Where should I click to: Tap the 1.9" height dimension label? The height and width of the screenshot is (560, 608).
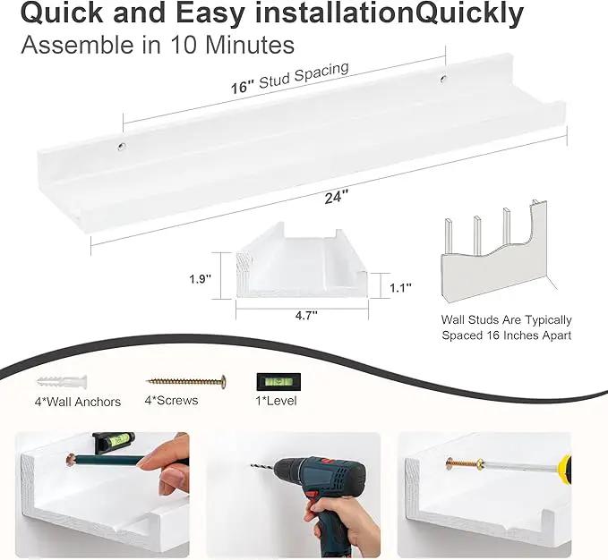point(200,279)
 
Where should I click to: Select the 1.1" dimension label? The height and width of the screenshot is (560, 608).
point(400,288)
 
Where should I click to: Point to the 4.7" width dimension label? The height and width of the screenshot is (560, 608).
point(306,316)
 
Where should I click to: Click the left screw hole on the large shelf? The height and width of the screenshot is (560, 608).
point(122,147)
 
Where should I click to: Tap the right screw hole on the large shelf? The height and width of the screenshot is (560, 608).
point(442,79)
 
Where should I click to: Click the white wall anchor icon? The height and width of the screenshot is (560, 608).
point(62,381)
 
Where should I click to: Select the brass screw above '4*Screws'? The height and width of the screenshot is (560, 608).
point(186,381)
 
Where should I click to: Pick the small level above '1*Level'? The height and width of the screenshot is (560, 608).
point(278,382)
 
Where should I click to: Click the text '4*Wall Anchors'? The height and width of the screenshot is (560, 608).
point(78,402)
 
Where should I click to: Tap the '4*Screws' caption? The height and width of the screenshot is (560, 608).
point(171,400)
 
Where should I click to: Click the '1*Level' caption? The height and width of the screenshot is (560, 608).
point(276,401)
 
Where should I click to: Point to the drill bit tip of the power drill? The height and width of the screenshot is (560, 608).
point(252,465)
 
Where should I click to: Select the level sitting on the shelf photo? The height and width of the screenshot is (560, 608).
point(114,442)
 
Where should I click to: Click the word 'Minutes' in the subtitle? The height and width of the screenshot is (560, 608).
point(250,45)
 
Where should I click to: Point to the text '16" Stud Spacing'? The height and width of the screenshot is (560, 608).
point(290,78)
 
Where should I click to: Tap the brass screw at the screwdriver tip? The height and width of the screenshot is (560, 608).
point(465,463)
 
